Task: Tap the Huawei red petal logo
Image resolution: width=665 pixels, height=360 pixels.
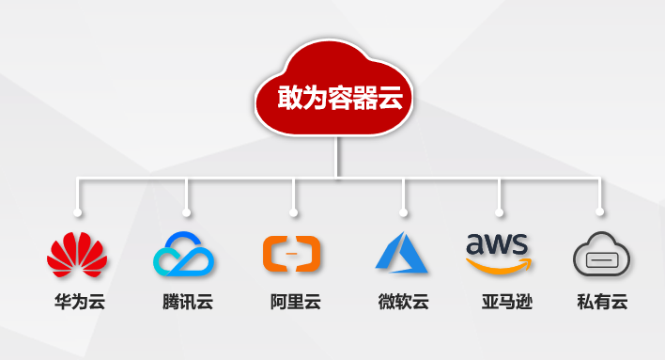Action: pos(78,254)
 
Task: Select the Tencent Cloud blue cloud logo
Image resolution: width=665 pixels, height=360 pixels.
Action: pos(185,254)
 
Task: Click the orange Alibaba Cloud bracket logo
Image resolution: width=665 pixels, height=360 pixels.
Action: pos(292,254)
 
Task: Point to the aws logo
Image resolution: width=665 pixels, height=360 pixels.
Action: pos(498,246)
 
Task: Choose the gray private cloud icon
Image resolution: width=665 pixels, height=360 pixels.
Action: pos(601,255)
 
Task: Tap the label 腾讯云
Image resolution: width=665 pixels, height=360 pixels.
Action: pos(187,303)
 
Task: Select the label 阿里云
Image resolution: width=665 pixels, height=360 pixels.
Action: pos(295,303)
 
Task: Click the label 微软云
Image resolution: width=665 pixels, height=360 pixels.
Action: pos(403,303)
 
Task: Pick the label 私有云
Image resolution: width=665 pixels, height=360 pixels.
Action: pos(602,303)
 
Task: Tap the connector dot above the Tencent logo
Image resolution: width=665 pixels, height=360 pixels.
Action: pos(187,211)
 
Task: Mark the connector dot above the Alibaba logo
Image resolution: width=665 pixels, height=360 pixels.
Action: pos(294,211)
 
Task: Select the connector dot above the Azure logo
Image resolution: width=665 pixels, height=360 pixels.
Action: pos(404,211)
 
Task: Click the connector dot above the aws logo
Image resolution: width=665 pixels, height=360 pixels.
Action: pos(499,211)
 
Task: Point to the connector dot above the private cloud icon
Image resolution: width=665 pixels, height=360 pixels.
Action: pos(599,211)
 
